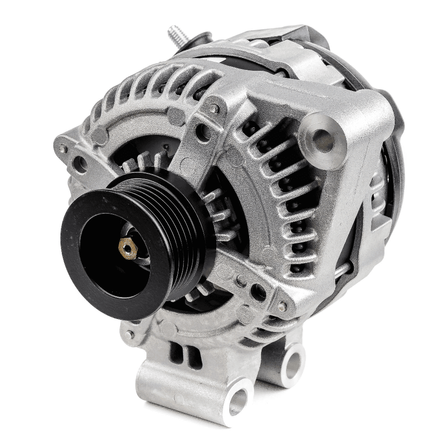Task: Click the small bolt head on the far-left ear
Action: (x=63, y=148)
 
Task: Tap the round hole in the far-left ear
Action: (x=81, y=164)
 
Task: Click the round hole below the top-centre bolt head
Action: (x=204, y=131)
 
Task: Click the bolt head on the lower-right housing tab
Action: (x=282, y=306)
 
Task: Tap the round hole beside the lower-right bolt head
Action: (x=259, y=291)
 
